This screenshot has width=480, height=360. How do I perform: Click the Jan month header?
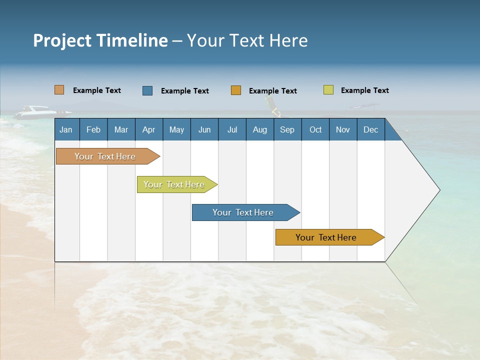click(x=66, y=129)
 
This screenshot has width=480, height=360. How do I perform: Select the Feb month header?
click(x=93, y=129)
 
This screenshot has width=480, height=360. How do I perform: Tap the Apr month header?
click(x=148, y=129)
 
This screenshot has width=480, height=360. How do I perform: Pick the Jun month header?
click(x=204, y=129)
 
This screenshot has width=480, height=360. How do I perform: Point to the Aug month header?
click(x=259, y=129)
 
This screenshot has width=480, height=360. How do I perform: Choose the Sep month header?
click(x=287, y=129)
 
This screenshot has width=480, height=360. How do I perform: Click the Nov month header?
click(x=342, y=129)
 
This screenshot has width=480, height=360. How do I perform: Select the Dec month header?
click(x=370, y=129)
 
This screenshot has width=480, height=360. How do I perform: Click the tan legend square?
click(x=59, y=90)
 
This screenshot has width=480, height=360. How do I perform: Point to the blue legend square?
click(x=147, y=90)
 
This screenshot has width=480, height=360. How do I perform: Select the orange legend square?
click(x=235, y=90)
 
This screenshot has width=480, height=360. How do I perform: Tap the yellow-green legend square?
click(x=328, y=90)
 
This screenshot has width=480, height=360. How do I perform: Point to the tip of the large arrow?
click(x=438, y=190)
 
